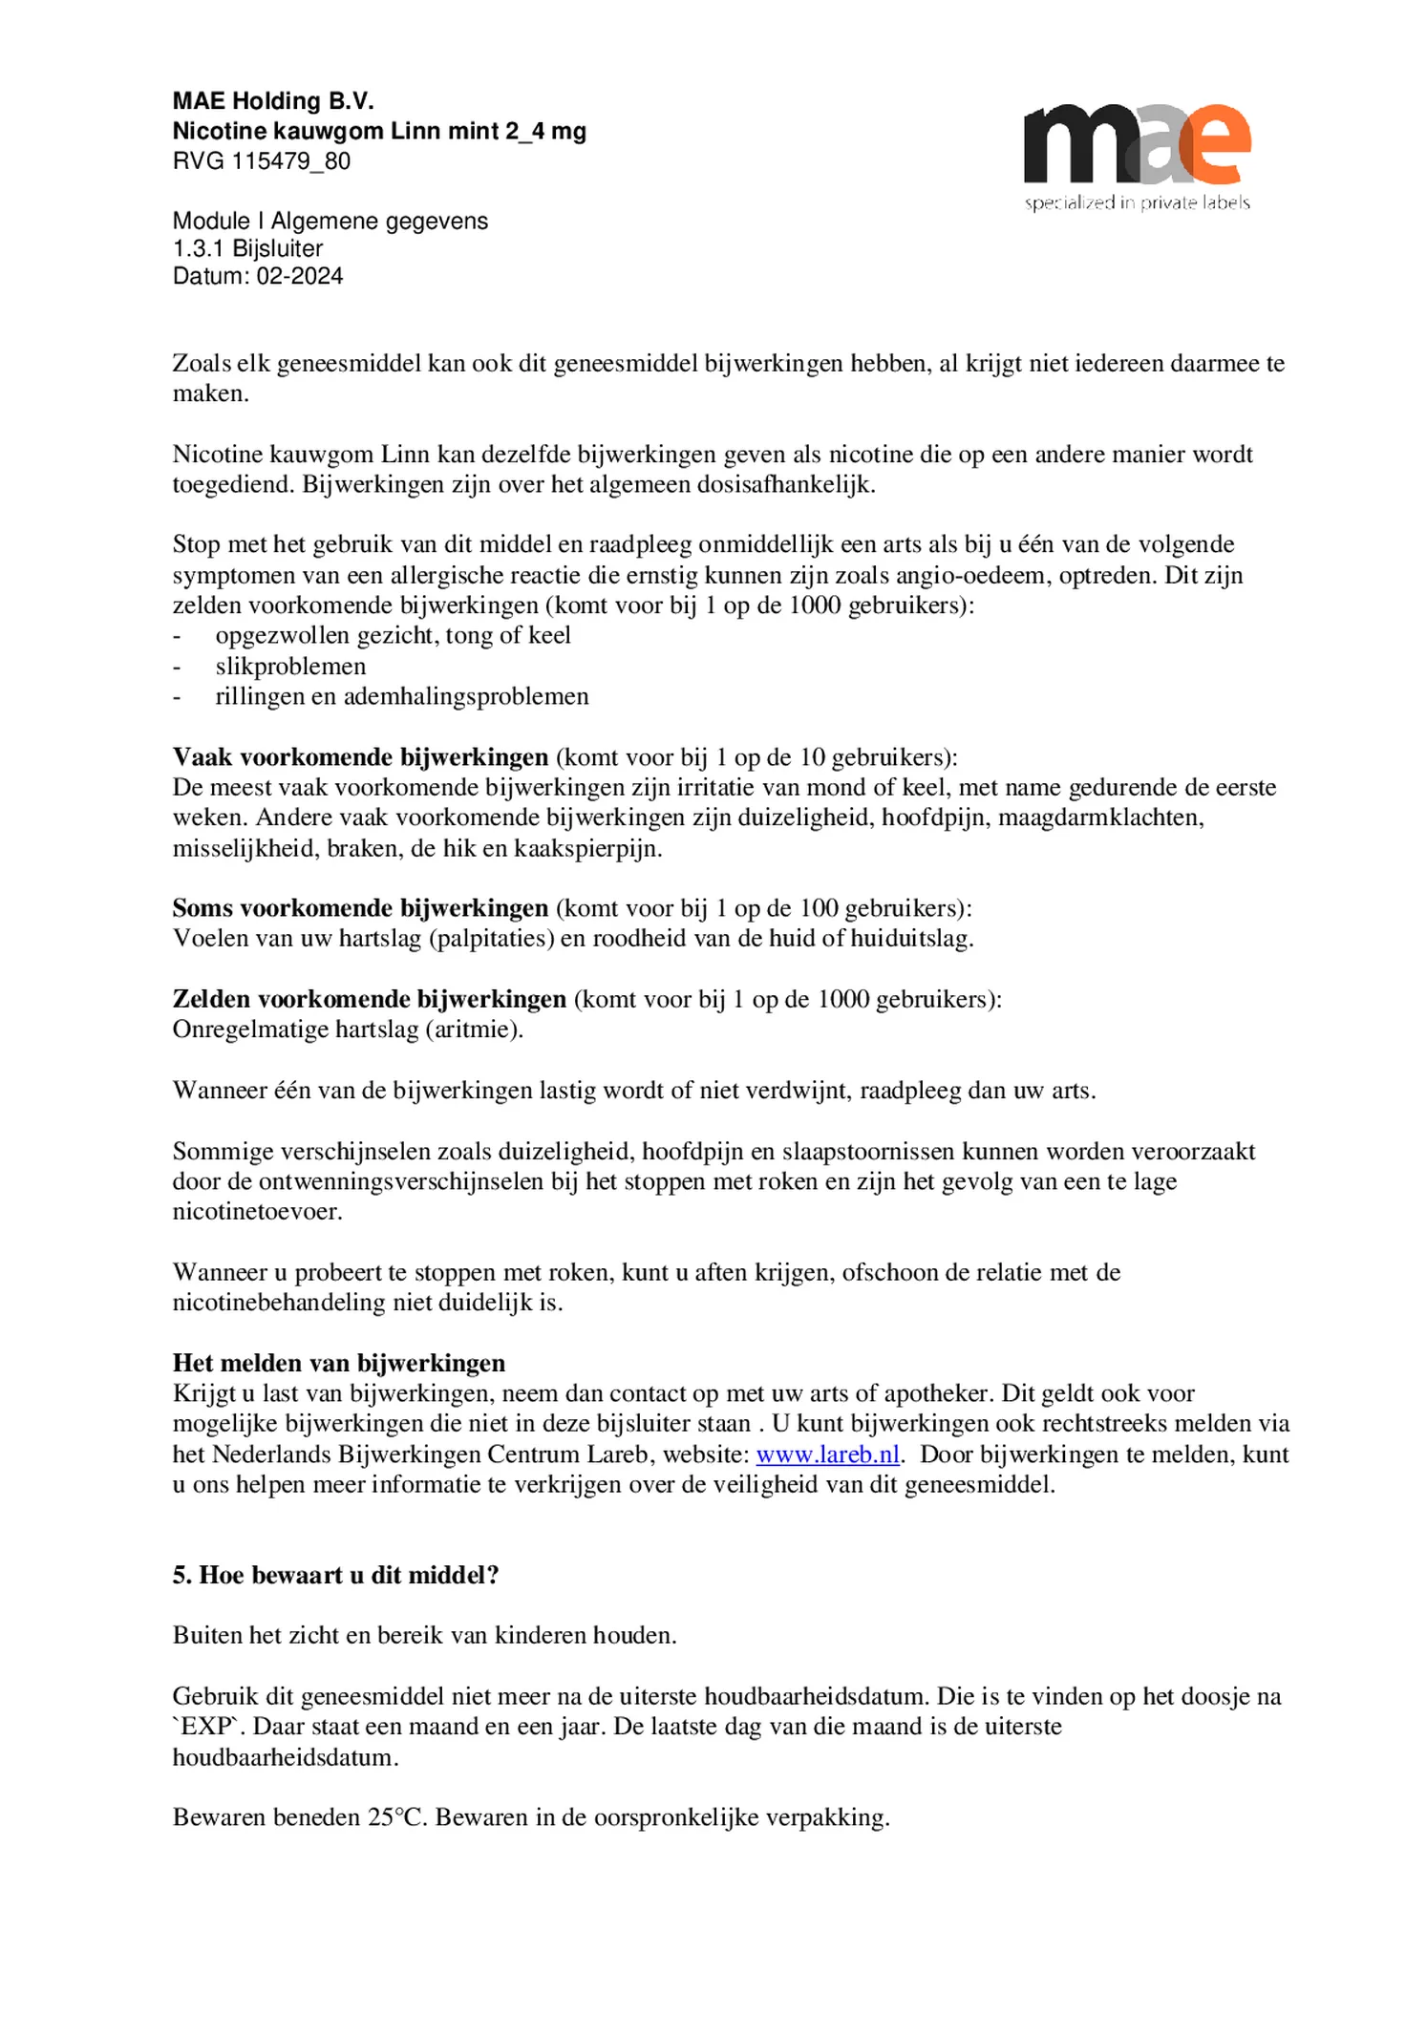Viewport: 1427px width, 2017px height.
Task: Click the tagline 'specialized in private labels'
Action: [1137, 202]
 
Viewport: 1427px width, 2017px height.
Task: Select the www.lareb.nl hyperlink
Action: [827, 1454]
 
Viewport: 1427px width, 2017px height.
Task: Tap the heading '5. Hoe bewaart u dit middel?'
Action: [335, 1575]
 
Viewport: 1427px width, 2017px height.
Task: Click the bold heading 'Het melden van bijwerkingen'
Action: [338, 1363]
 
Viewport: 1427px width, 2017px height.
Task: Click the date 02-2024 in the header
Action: [299, 276]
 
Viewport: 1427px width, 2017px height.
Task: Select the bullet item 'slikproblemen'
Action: [290, 666]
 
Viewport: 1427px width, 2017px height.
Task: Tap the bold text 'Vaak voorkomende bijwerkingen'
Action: [360, 757]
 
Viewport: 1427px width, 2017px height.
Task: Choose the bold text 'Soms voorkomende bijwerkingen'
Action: [360, 908]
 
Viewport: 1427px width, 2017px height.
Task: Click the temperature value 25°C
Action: [394, 1817]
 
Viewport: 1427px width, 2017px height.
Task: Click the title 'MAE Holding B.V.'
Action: [273, 101]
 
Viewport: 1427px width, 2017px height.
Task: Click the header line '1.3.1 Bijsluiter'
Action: [247, 248]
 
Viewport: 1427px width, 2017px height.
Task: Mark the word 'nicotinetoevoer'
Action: [256, 1212]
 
